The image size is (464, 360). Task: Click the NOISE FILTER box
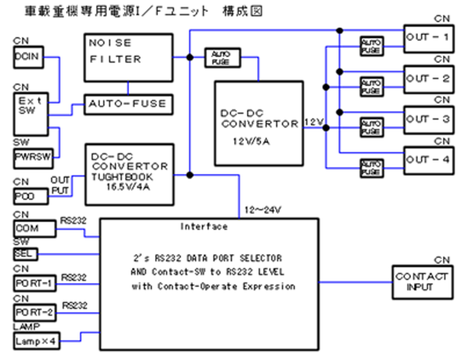[128, 57]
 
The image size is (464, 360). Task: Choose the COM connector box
[33, 229]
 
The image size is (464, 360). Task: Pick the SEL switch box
[26, 254]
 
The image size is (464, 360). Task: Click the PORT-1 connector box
[33, 284]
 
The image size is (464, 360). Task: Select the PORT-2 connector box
[33, 313]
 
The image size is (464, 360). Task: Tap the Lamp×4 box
[36, 341]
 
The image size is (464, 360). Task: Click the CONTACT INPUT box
[421, 281]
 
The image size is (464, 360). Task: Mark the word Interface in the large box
[204, 226]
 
